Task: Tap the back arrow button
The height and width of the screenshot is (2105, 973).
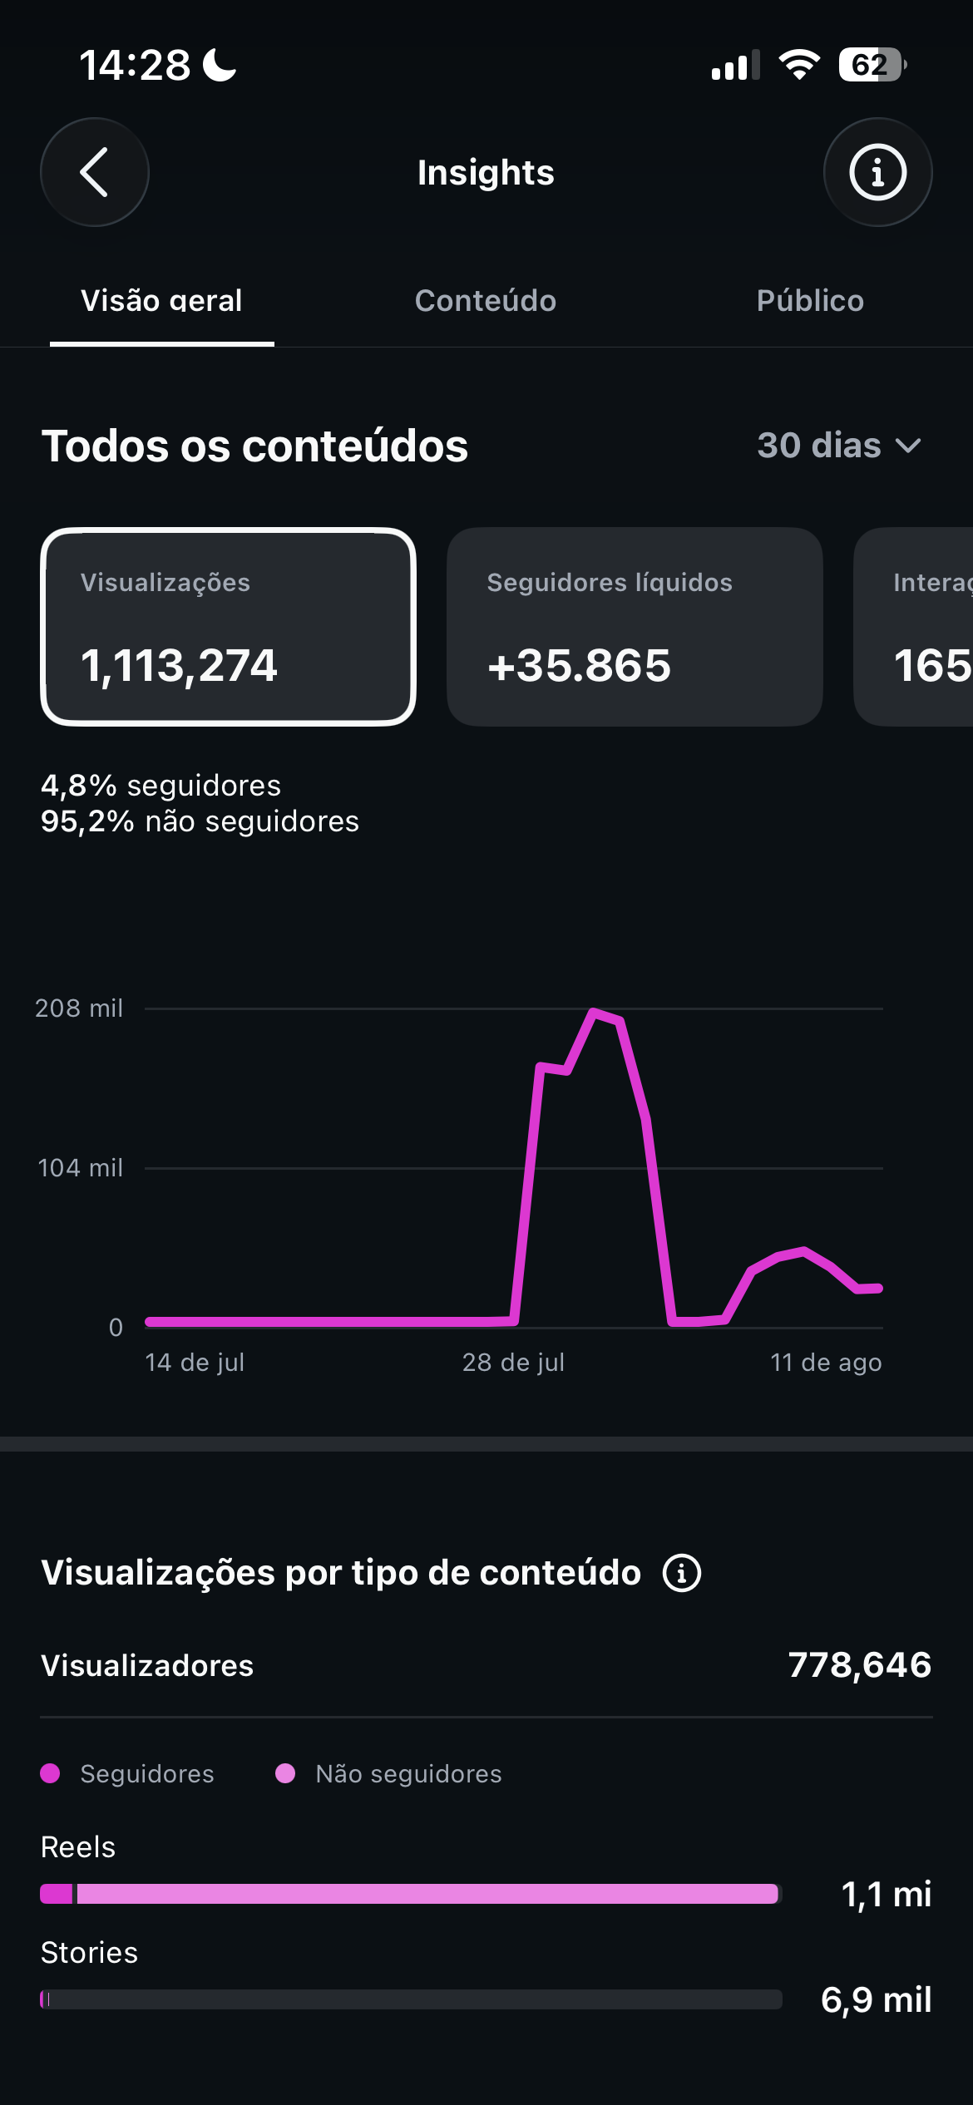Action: click(95, 172)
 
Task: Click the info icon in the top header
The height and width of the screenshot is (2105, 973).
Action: click(877, 172)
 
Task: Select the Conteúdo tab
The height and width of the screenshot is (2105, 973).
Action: click(486, 300)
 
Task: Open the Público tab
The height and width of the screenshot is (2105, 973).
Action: click(810, 300)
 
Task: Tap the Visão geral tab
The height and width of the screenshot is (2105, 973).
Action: click(161, 300)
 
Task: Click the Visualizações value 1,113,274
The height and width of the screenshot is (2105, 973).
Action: click(179, 666)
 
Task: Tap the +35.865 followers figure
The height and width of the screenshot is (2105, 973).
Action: click(579, 666)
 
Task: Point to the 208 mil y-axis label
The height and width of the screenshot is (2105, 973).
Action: click(79, 1008)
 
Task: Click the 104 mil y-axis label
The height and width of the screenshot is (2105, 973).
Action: click(81, 1168)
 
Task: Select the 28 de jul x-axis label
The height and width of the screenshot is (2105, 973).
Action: click(513, 1363)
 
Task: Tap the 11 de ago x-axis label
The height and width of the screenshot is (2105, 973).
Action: click(826, 1363)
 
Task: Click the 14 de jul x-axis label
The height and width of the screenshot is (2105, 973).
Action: click(195, 1363)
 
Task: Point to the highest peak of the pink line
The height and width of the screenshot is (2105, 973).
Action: click(593, 1012)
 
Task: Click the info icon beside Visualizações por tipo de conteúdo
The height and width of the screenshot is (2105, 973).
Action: click(682, 1573)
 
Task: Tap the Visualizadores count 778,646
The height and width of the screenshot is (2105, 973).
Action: click(860, 1665)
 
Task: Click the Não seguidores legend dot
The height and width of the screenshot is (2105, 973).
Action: click(285, 1773)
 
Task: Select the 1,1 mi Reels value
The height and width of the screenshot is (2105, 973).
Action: click(887, 1895)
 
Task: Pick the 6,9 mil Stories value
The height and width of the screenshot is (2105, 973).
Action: click(876, 1999)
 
